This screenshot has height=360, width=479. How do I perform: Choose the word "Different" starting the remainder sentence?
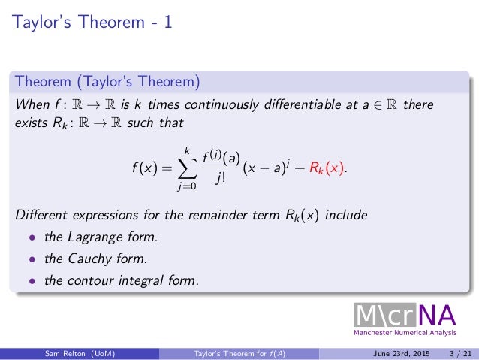tap(41, 216)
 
